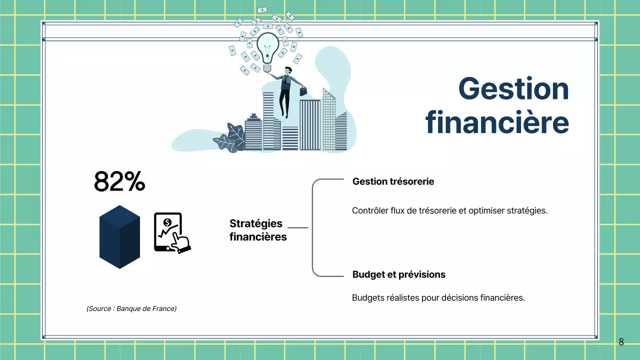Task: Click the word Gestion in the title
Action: tap(513, 89)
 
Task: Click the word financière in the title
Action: tap(497, 122)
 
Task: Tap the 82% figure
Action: tap(119, 182)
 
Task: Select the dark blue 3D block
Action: tap(119, 236)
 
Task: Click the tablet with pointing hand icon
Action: tap(171, 233)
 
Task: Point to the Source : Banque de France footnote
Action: tap(131, 308)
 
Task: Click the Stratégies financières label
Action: tap(257, 230)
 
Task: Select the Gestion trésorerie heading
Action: tap(393, 181)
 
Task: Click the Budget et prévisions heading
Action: tap(398, 274)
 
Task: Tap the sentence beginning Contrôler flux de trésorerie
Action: tap(449, 210)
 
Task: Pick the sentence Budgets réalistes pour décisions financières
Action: tap(438, 298)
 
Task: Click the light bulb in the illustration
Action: tap(267, 48)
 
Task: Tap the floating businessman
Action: tap(286, 90)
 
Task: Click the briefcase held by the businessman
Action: tap(303, 91)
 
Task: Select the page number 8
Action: tap(621, 342)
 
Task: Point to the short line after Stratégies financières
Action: tap(298, 228)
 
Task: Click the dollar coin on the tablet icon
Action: tap(167, 222)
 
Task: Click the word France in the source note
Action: tap(164, 308)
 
